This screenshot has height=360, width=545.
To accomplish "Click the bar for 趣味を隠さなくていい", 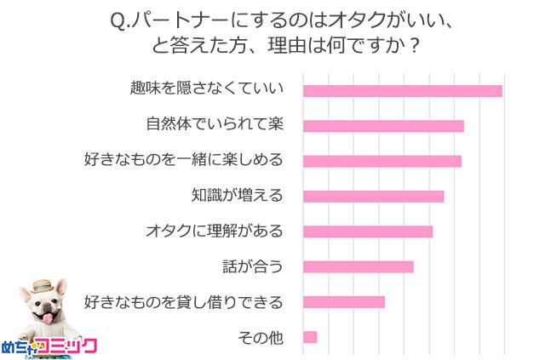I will pos(402,91).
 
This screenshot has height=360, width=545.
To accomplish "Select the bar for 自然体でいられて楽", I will pos(383,126).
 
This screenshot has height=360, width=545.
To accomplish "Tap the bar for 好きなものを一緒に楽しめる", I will pos(381,161).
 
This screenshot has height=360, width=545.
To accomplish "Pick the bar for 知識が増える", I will pos(373,197).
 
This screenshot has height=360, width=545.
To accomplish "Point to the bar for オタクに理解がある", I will pos(368,231).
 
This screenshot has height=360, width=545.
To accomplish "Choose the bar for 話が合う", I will pos(358,266).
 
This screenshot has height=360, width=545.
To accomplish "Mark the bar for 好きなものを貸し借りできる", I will pos(343,301).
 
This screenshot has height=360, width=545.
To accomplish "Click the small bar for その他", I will pos(310,337).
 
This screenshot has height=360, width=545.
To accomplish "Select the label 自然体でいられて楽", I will pos(214,125).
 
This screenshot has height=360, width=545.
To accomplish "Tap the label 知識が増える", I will pos(236,196).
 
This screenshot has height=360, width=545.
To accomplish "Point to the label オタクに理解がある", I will pos(214,231).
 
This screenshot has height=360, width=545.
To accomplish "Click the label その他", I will pos(260,337).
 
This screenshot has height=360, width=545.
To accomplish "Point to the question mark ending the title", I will pos(414,44).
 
